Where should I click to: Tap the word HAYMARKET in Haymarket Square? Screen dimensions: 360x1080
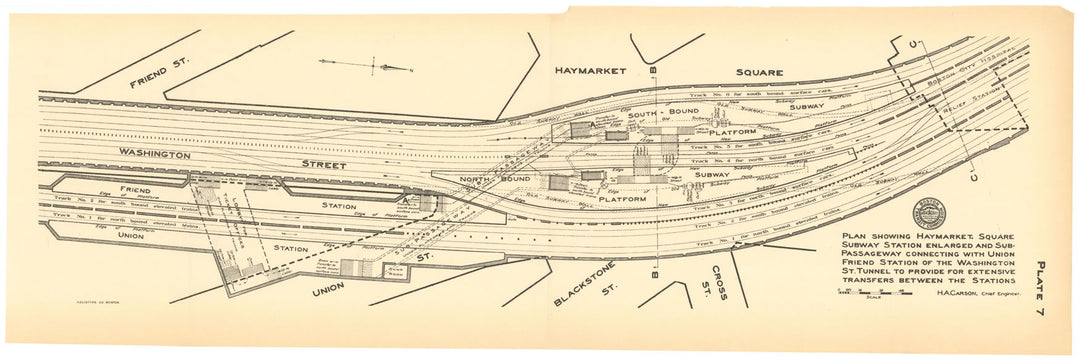click(x=590, y=71)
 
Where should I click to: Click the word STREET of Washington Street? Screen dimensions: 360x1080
click(x=320, y=164)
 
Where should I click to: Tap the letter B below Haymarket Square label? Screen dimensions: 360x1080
click(x=652, y=71)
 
